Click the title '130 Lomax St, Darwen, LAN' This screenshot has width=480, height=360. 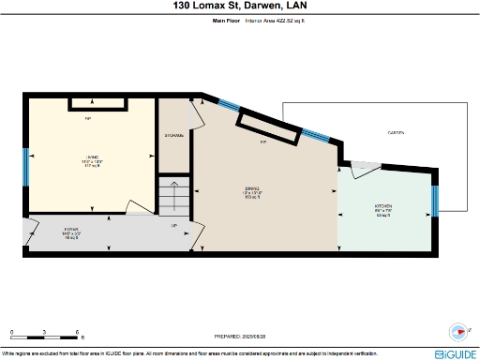pyautogui.click(x=240, y=7)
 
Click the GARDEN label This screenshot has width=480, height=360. pyautogui.click(x=396, y=133)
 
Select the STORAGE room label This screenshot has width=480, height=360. pyautogui.click(x=174, y=136)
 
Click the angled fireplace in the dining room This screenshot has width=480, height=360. pyautogui.click(x=268, y=129)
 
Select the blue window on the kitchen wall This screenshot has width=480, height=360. pyautogui.click(x=435, y=201)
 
